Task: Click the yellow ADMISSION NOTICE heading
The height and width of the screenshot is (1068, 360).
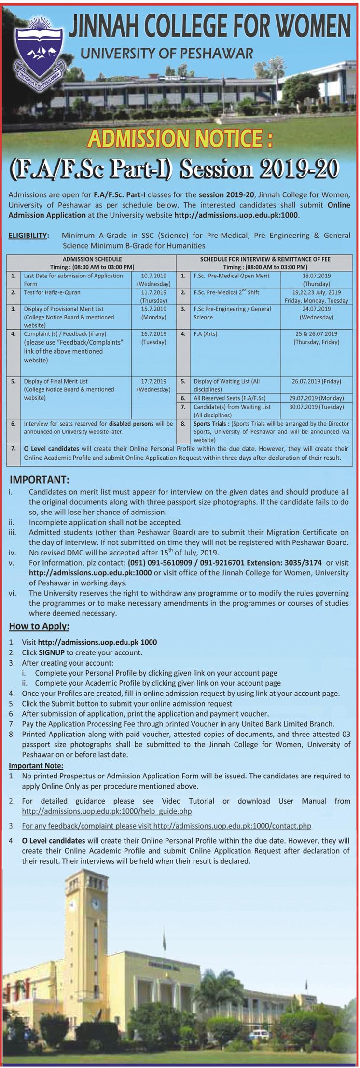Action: click(x=180, y=139)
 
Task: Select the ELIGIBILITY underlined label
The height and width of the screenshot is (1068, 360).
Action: click(x=28, y=236)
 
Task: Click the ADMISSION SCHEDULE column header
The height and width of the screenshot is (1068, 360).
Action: click(x=92, y=259)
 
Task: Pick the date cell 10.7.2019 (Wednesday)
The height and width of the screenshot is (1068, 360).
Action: click(x=153, y=280)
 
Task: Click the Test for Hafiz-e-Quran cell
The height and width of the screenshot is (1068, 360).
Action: click(x=52, y=292)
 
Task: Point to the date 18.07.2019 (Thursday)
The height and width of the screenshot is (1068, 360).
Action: click(x=316, y=280)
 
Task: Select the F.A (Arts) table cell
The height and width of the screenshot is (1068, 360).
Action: click(x=205, y=334)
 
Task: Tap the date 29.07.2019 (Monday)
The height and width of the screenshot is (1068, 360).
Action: click(x=316, y=398)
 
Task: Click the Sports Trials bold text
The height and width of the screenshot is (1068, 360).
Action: click(x=210, y=424)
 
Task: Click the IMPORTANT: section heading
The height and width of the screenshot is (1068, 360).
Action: click(x=40, y=480)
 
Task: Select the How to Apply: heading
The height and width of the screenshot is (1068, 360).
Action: click(x=39, y=626)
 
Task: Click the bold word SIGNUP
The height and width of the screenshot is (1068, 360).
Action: click(x=52, y=652)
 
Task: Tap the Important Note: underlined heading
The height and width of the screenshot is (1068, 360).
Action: click(x=36, y=766)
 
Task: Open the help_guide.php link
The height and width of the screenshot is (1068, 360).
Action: click(x=107, y=811)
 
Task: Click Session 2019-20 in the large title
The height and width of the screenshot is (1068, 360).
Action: click(x=262, y=168)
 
